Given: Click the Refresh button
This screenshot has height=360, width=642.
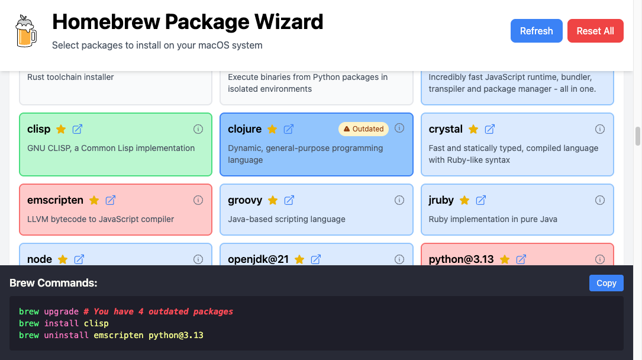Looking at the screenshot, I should pos(536,31).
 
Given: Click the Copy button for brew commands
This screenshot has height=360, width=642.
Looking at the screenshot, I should pos(606,283).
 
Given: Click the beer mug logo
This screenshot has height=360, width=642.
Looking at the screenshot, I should pos(25,31).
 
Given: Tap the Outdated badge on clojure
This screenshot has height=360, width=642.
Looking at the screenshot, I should pos(364,128).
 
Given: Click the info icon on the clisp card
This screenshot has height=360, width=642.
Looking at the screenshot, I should pos(198,129).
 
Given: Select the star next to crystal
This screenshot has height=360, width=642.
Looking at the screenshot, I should pos(473,129).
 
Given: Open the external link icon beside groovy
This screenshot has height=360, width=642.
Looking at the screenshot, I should pos(289,200).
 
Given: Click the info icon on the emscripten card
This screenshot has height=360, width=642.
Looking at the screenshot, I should pos(198,200).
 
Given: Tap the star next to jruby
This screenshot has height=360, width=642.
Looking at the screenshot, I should pos(464,200).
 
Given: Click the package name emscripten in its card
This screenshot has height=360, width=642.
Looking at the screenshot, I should pos(55,200).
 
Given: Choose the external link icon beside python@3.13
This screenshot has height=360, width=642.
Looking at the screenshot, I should pos(521,259).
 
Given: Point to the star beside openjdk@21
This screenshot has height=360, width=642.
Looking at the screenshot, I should pos(299,259).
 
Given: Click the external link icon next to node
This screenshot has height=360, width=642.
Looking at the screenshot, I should pos(79,259).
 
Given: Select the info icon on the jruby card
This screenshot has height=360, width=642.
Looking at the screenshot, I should pos(600,200).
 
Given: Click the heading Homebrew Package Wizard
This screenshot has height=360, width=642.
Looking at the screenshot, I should pos(188,22).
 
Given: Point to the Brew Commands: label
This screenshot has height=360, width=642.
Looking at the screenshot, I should pos(53,283).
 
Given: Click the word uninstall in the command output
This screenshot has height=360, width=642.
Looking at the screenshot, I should pos(66,335).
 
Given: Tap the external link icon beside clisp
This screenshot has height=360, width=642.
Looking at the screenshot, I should pos(78,129).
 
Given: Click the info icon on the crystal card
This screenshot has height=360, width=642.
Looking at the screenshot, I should pos(600,129).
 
